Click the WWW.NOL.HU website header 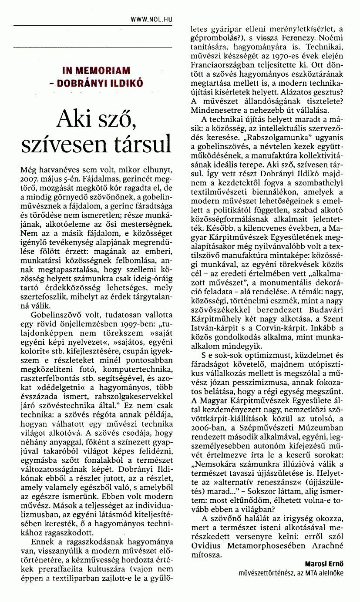[x=151, y=19]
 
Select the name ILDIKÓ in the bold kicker [x=127, y=83]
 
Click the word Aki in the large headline [x=77, y=118]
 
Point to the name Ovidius [x=208, y=546]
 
